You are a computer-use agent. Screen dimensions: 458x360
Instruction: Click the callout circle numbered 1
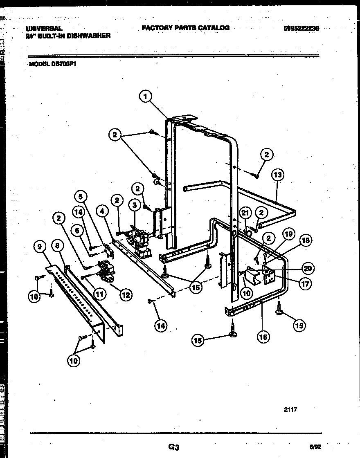click(145, 97)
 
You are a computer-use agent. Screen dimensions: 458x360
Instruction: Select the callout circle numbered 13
click(277, 175)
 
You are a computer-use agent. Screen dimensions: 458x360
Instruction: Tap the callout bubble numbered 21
click(245, 213)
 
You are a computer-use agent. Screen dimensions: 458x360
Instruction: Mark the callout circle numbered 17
click(304, 284)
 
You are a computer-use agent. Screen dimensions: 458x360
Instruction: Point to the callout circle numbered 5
click(81, 196)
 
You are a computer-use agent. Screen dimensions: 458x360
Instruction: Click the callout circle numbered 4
click(102, 211)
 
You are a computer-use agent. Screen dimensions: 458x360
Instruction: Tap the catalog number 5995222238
click(301, 28)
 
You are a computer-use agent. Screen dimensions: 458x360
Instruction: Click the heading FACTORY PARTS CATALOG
click(185, 28)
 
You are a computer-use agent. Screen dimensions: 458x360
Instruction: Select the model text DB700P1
click(64, 64)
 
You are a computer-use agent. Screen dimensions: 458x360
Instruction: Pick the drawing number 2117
click(289, 409)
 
